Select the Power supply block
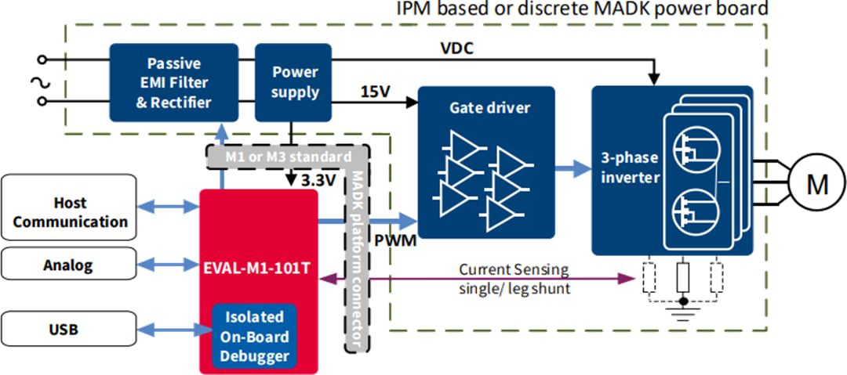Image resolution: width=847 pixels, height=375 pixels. point(295,82)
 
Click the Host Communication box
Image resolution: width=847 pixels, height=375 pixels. point(70,213)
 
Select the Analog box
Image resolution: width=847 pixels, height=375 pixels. point(70,265)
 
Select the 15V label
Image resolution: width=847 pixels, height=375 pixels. point(374,92)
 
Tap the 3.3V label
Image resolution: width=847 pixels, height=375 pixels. point(320,181)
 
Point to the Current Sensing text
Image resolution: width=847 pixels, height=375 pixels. point(514,269)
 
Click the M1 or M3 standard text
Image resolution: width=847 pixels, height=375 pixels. point(288,157)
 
